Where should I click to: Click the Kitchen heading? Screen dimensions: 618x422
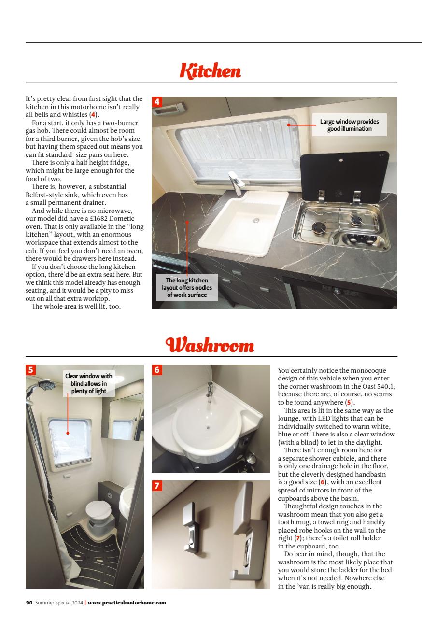click(210, 71)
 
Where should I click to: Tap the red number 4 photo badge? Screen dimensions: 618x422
click(157, 102)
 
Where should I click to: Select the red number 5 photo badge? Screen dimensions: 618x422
click(31, 370)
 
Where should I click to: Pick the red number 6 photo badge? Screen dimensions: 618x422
click(157, 370)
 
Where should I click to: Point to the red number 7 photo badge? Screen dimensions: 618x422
click(157, 486)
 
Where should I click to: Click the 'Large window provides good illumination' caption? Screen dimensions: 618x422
click(350, 125)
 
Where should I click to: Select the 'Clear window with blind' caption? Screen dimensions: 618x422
click(89, 383)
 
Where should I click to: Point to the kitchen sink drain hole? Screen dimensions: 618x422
click(256, 220)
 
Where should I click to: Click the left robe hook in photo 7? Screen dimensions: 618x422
click(190, 527)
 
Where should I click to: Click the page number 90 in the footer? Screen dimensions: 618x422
click(29, 603)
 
